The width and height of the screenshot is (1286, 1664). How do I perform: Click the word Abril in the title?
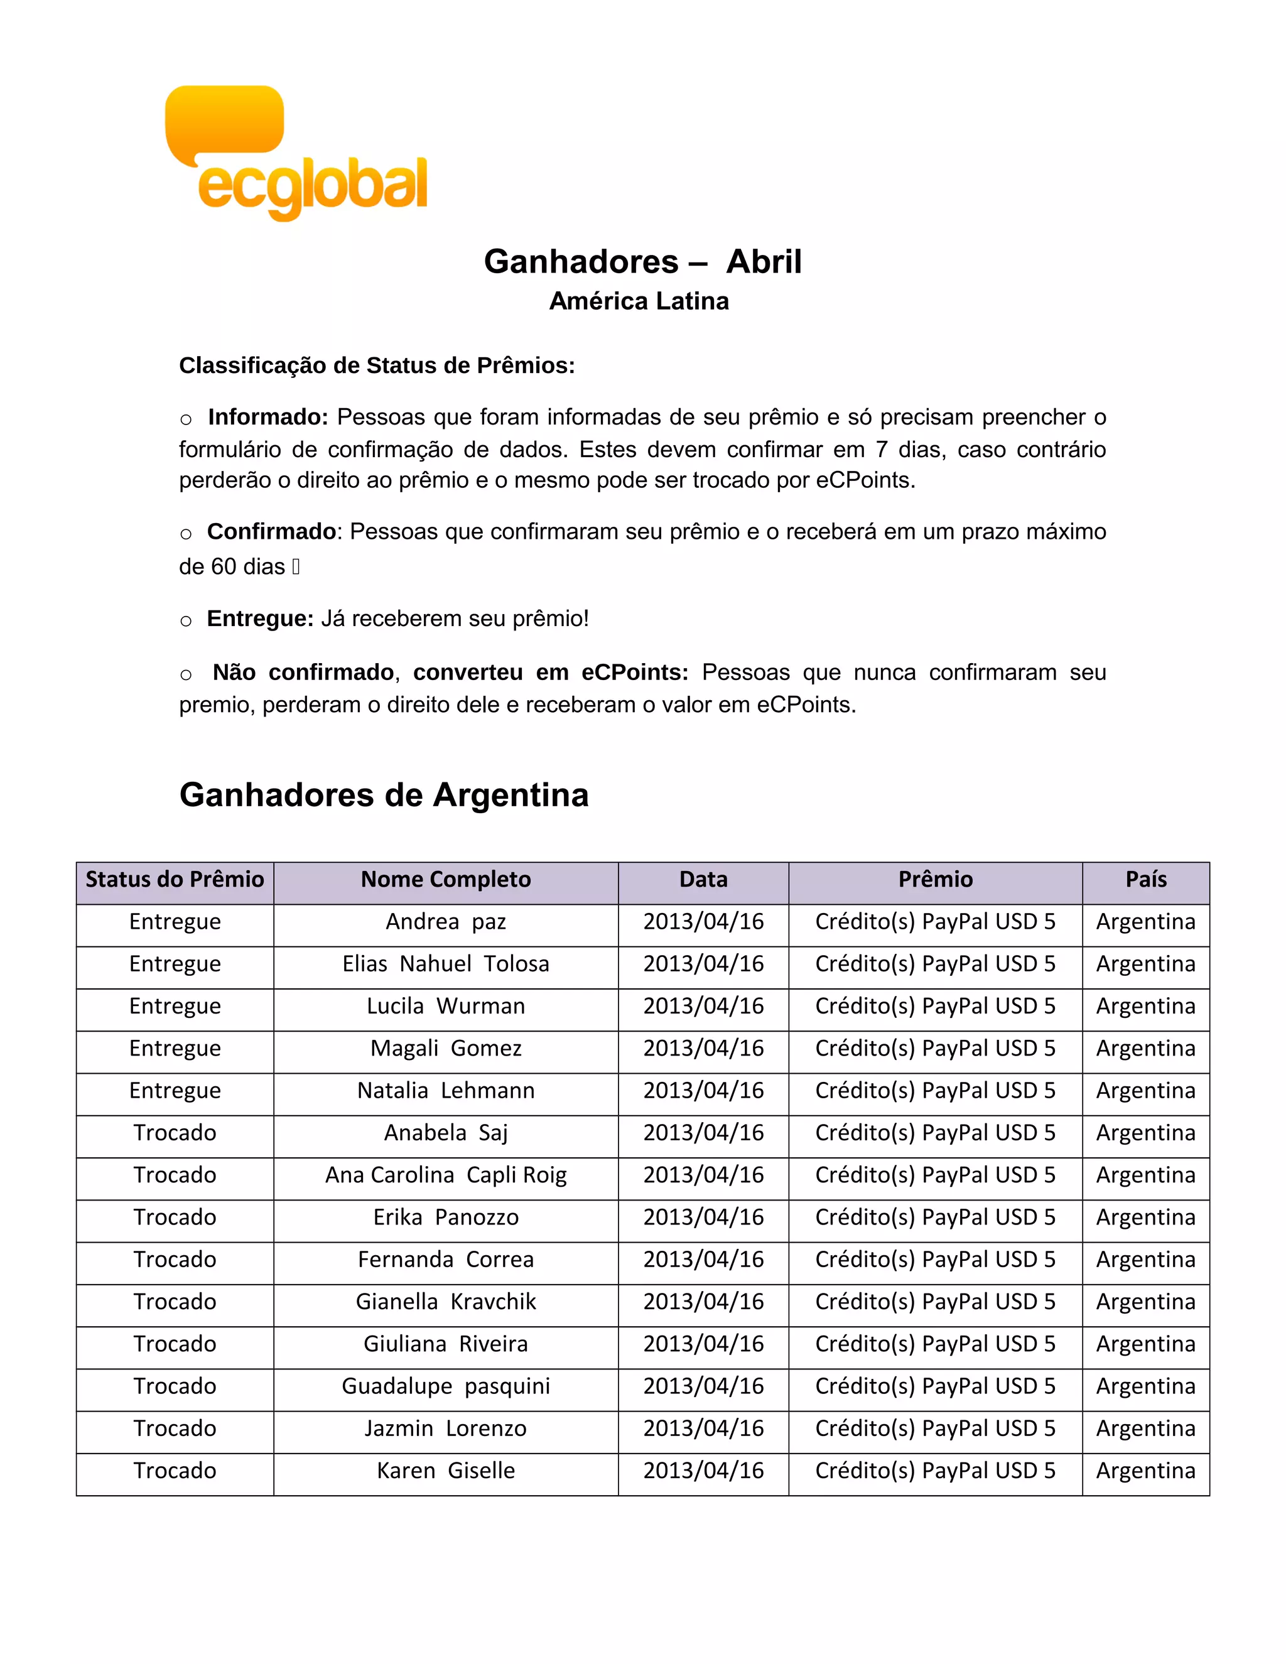[764, 262]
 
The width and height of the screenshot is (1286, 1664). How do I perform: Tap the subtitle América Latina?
[639, 301]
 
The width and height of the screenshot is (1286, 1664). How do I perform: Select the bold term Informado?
[267, 418]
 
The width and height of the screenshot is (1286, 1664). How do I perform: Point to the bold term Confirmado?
[271, 532]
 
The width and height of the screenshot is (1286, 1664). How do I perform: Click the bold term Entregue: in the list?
[260, 619]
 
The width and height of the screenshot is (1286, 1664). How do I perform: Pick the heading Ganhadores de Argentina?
[384, 796]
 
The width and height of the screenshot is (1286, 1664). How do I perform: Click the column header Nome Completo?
[446, 880]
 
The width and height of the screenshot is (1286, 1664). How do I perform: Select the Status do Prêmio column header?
[175, 880]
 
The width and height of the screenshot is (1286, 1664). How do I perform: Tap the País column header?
[1146, 880]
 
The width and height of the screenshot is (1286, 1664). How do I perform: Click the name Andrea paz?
[446, 922]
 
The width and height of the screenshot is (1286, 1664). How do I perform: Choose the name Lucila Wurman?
[446, 1007]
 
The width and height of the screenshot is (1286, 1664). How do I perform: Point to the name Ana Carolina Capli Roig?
[446, 1175]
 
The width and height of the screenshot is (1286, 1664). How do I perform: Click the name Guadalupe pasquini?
[446, 1386]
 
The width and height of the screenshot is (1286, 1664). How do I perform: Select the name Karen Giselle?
[446, 1471]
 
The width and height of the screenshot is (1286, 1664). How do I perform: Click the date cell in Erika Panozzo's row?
[703, 1218]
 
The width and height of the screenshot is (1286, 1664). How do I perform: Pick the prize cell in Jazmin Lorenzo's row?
[935, 1429]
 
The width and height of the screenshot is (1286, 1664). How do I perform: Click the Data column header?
[703, 880]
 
